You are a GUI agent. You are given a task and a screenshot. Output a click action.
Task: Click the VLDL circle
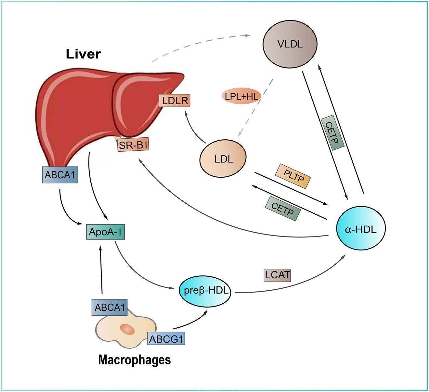(x=290, y=44)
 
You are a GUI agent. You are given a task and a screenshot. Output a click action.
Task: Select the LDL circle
(x=223, y=159)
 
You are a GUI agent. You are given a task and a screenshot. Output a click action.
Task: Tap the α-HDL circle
(x=360, y=229)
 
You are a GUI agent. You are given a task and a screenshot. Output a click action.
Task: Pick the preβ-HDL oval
(x=205, y=290)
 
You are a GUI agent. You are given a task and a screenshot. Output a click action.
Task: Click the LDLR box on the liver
(x=175, y=101)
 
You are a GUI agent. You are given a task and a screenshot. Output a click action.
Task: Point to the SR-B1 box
(x=133, y=145)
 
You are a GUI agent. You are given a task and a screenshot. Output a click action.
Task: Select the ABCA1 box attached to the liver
(x=60, y=175)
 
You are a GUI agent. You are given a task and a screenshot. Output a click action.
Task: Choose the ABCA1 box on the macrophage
(x=110, y=307)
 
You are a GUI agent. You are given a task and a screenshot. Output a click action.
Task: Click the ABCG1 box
(x=166, y=339)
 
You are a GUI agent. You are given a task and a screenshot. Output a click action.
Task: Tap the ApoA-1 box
(x=106, y=232)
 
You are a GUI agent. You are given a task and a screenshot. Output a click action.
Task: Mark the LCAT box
(x=277, y=275)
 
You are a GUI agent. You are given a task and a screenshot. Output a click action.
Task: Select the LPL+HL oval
(x=241, y=96)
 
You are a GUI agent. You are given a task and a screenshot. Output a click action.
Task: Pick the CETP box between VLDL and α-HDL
(x=332, y=133)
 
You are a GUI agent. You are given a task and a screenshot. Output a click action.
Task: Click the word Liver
(x=83, y=54)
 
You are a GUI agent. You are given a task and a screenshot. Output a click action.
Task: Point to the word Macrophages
(x=134, y=360)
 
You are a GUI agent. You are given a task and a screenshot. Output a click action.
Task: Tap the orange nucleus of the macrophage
(x=127, y=329)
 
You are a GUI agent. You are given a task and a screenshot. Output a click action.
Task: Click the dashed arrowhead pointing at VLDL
(x=248, y=35)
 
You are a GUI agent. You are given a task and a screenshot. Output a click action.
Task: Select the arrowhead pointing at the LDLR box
(x=186, y=113)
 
